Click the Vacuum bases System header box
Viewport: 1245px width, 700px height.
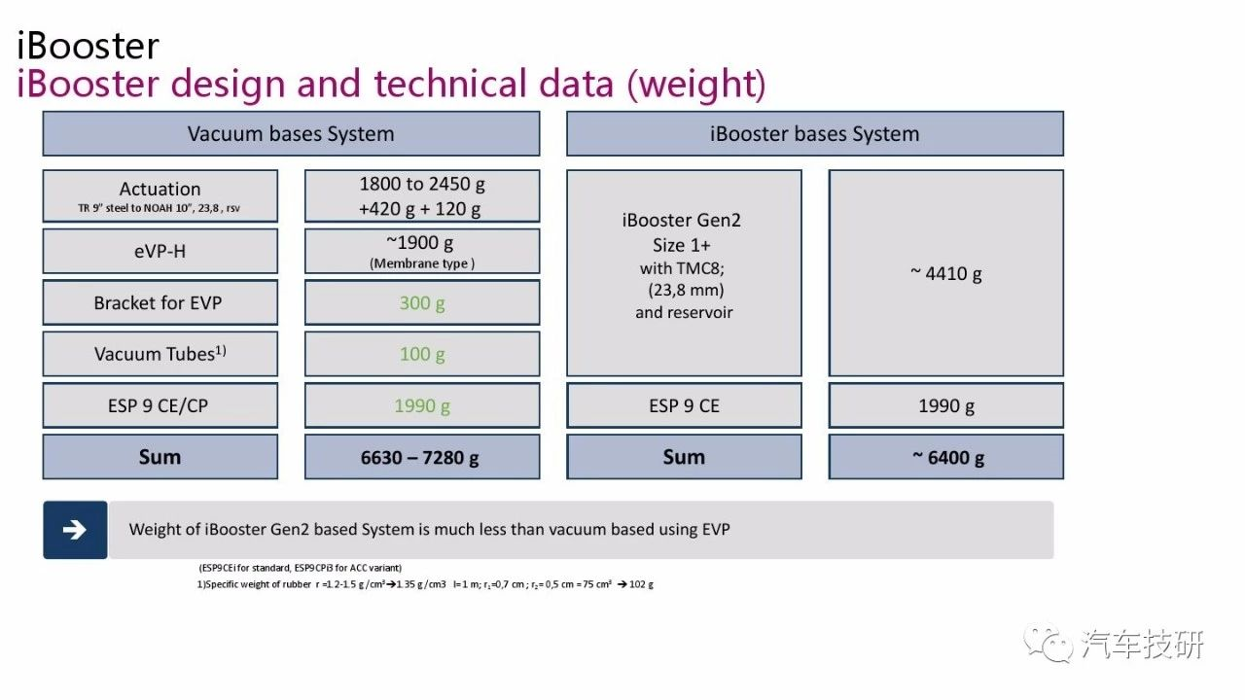291,134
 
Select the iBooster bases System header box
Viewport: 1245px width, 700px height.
814,134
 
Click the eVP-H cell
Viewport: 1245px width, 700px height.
160,251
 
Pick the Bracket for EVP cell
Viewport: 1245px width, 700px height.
159,303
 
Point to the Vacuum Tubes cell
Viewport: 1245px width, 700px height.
160,354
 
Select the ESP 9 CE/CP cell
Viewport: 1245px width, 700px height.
159,405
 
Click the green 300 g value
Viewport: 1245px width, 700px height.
422,303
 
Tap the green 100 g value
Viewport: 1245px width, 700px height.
422,354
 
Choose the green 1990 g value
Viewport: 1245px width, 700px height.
422,405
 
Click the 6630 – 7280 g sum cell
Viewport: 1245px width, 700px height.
421,457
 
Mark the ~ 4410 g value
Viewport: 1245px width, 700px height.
945,273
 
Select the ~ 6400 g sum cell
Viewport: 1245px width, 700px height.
945,457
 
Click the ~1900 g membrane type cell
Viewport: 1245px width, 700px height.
422,251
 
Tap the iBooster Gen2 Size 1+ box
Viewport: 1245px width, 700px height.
684,273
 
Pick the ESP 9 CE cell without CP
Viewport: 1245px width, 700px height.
684,405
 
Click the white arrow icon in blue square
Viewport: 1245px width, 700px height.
75,530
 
